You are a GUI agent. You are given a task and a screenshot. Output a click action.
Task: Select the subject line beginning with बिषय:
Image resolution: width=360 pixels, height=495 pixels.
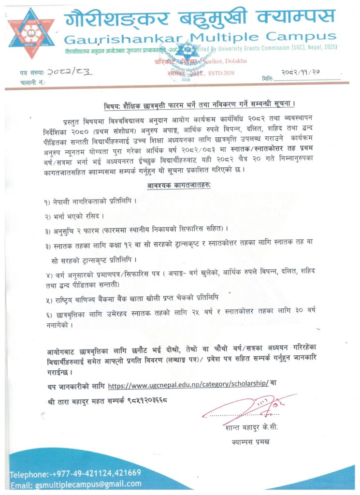click(x=200, y=104)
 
